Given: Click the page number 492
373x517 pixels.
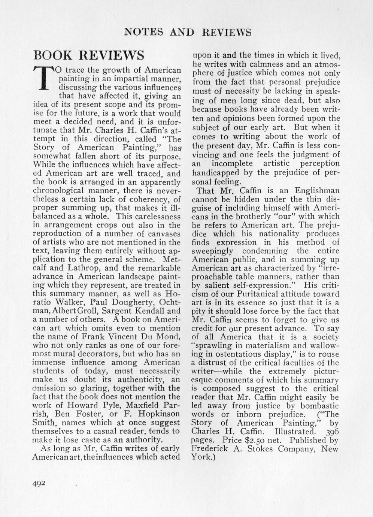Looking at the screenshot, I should click(x=39, y=483).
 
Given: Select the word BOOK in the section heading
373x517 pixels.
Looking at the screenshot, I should click(x=53, y=55).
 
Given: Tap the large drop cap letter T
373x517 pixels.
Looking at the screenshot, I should click(x=44, y=78).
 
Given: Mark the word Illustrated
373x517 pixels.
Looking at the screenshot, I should click(x=294, y=432).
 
